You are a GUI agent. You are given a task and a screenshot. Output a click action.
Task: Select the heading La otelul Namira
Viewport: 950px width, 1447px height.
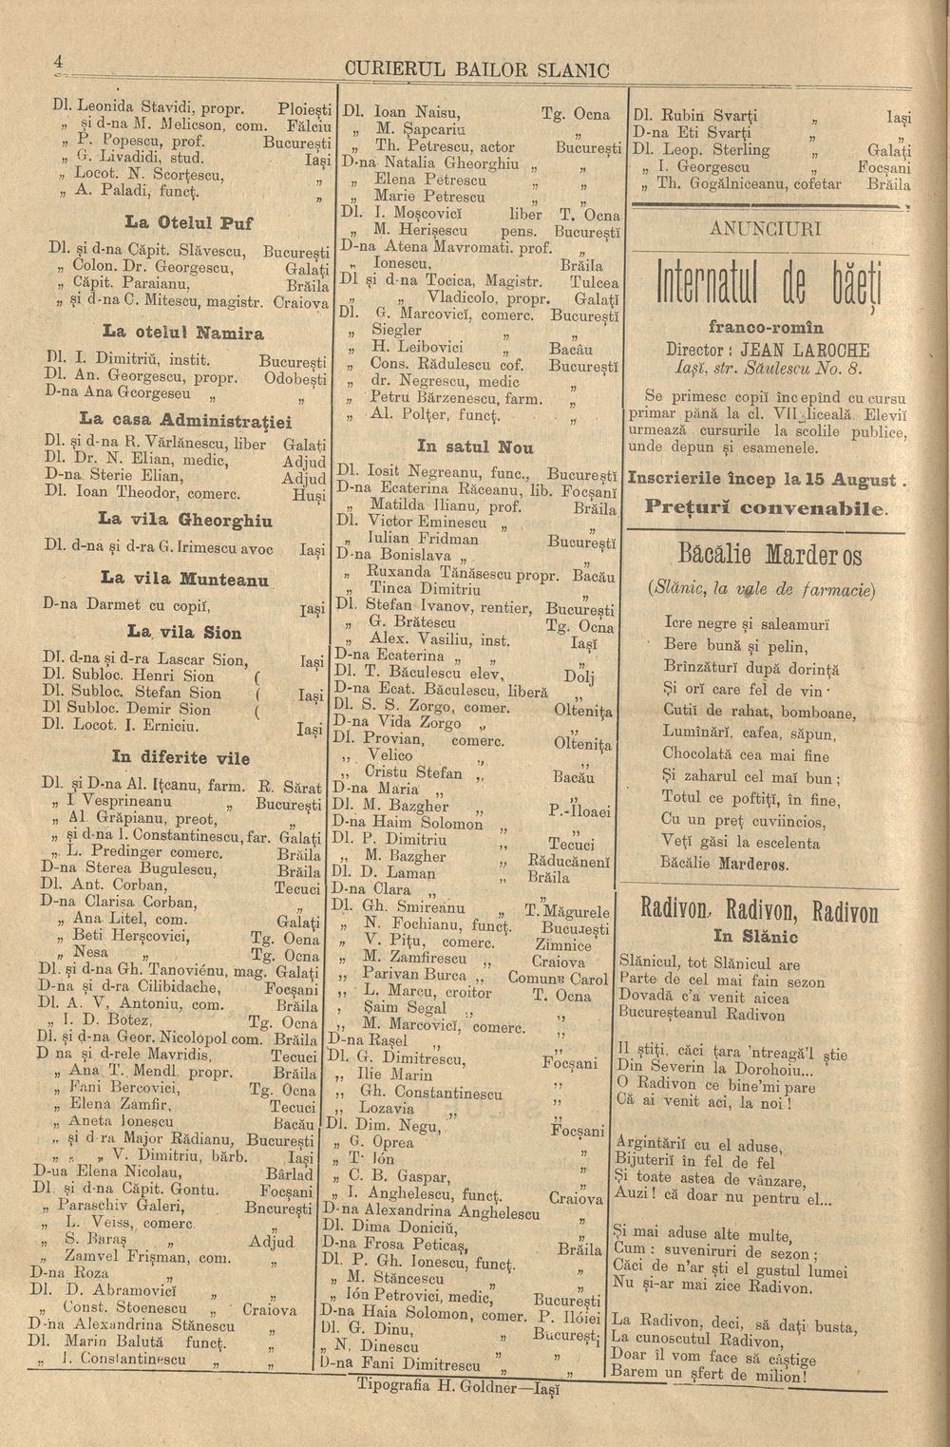[x=177, y=334]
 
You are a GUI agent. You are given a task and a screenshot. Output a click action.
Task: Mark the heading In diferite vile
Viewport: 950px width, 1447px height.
[x=180, y=758]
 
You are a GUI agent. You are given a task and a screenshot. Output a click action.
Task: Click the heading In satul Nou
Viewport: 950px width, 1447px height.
[x=475, y=447]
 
